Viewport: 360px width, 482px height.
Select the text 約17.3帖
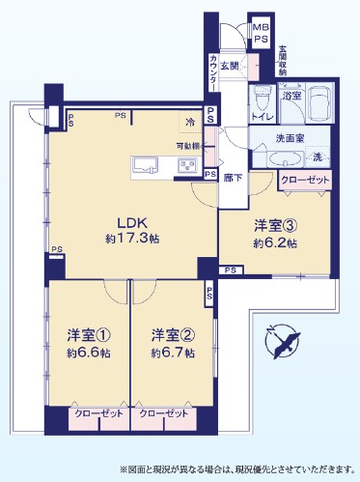(133, 237)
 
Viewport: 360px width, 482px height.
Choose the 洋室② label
(172, 335)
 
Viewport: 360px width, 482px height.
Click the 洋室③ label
(275, 226)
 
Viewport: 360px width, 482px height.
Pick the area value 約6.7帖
(172, 354)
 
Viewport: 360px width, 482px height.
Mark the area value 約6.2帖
(275, 244)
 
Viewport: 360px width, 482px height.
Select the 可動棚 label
(189, 145)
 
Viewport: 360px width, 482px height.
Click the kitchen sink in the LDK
(145, 165)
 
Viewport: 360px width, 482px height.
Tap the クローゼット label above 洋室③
(303, 180)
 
